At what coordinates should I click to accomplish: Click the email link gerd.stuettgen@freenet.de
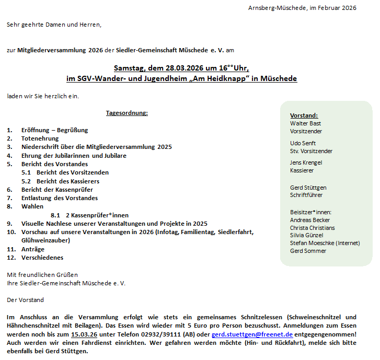tap(252, 334)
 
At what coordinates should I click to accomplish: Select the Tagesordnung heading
tap(126, 113)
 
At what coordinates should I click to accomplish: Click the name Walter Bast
tap(305, 123)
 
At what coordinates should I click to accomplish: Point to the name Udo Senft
tap(303, 143)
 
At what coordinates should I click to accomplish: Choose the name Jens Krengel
tap(306, 162)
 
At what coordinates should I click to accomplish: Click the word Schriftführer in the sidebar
tap(306, 195)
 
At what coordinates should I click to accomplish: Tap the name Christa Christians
tap(312, 228)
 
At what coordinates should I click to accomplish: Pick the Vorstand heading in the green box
tap(304, 115)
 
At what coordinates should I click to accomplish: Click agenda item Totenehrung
tap(40, 138)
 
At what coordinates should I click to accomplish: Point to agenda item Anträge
tap(32, 249)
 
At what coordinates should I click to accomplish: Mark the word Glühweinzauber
tap(45, 240)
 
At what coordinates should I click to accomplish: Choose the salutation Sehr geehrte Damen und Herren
tap(54, 25)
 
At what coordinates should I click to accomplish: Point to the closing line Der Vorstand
tap(25, 300)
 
